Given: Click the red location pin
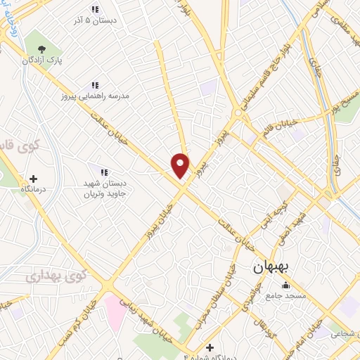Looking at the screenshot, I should click(181, 165).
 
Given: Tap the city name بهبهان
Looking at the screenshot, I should click(275, 269).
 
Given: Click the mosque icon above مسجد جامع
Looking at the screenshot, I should click(286, 285).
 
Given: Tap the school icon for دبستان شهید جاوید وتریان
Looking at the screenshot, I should click(104, 172).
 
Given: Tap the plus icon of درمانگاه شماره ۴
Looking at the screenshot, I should click(210, 347).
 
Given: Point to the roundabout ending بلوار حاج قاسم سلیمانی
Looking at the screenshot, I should click(243, 112).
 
